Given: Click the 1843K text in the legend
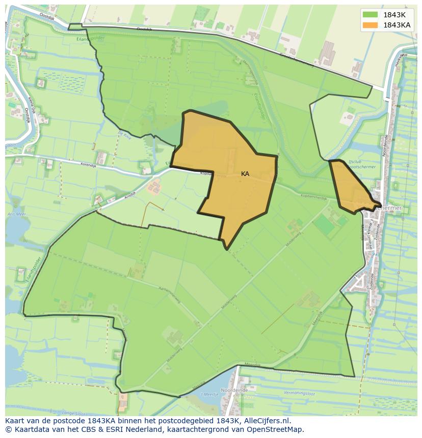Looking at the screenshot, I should (x=394, y=15).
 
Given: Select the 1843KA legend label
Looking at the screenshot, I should (x=397, y=25).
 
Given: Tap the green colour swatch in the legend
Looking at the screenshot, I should (x=371, y=15).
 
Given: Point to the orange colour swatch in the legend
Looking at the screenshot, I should (x=371, y=25).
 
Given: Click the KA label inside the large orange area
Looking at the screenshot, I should (x=245, y=174).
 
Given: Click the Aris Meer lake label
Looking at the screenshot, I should (x=16, y=215).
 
